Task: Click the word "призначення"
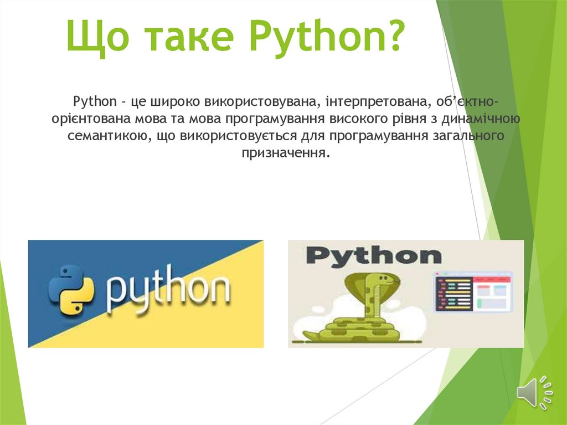click(285, 152)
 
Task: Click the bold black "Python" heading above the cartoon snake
click(374, 256)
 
